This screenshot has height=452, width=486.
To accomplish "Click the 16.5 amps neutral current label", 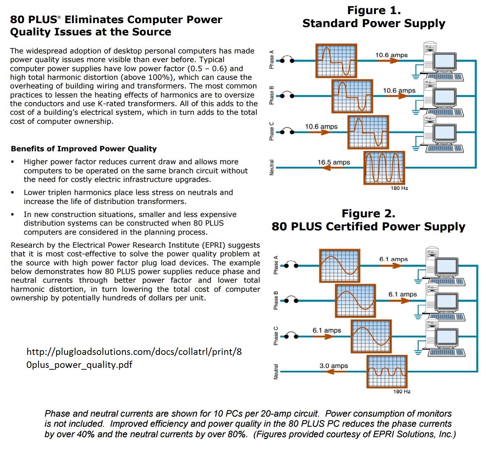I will [334, 162].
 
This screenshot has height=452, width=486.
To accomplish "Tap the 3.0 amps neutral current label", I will [333, 366].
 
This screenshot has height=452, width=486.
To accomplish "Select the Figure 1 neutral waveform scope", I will [384, 168].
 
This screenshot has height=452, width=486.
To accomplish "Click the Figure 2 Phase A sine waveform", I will [340, 266].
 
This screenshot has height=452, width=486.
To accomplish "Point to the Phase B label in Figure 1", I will [272, 96].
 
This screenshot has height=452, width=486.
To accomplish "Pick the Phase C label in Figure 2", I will [276, 336].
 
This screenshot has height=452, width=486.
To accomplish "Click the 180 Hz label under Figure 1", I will [399, 188].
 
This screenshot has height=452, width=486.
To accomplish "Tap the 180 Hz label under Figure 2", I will [402, 391].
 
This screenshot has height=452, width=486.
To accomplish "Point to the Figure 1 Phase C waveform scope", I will [368, 132].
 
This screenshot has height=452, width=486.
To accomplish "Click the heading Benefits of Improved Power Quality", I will [84, 149].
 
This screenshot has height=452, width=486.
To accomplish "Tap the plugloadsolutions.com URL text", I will [134, 358].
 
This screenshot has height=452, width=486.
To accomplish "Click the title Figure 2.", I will [368, 213].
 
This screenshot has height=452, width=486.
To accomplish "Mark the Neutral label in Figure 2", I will [276, 371].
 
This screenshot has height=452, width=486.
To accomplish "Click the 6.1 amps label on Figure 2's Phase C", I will [327, 330].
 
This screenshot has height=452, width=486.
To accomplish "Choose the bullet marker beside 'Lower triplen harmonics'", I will [13, 193].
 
